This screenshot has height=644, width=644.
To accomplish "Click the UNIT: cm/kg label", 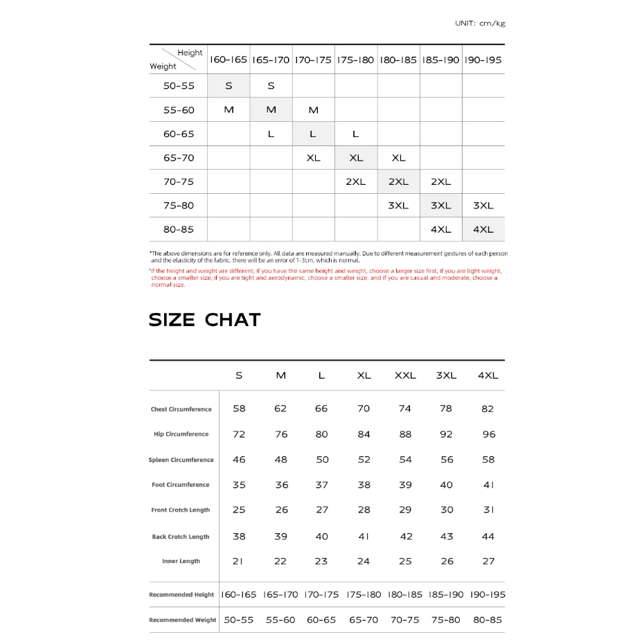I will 480,24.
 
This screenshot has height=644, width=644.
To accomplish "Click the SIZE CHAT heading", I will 205,320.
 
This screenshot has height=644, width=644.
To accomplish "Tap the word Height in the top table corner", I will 190,53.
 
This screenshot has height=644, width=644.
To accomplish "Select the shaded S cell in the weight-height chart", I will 229,86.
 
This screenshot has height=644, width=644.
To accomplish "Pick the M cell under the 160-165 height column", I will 229,110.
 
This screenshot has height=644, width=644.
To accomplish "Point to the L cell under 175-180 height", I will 355,134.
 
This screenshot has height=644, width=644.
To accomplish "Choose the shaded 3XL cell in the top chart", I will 440,206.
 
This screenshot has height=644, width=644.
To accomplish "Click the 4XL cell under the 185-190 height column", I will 440,229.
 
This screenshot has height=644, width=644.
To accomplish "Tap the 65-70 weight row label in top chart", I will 179,158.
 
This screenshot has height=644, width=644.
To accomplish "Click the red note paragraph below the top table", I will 324,278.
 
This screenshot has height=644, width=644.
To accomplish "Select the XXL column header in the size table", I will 405,375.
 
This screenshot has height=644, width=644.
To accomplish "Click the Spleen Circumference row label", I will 181,460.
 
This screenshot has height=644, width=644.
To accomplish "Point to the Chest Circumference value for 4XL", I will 488,409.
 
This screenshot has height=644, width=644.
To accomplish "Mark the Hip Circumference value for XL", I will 364,434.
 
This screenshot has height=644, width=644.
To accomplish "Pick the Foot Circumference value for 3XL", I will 447,485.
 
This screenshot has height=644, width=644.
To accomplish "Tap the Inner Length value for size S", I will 238,561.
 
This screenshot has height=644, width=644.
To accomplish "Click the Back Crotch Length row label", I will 181,537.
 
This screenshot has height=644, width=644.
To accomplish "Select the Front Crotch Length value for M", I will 281,510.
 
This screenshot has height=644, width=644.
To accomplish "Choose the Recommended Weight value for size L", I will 321,620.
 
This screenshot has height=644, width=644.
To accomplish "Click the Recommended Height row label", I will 181,595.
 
